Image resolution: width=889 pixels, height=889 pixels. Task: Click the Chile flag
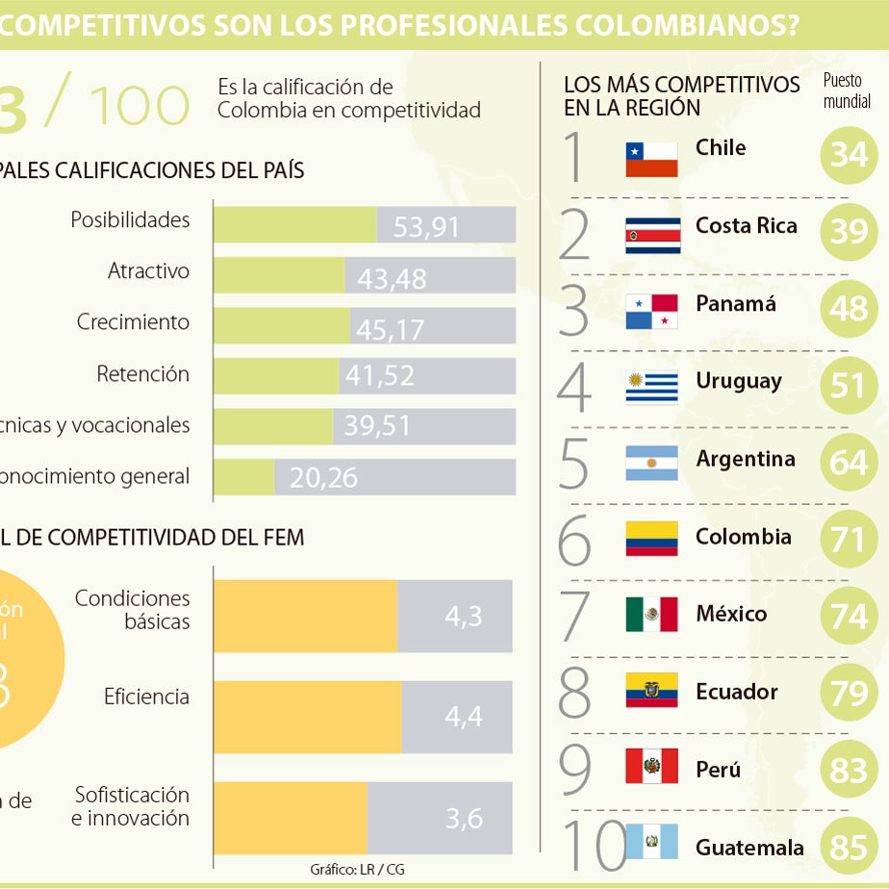point(651,159)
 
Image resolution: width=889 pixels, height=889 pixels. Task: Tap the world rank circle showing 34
point(849,153)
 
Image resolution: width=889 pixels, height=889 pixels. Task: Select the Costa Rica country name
point(746,226)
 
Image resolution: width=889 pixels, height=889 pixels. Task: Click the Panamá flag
point(651,312)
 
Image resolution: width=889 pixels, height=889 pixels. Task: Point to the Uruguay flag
point(651,387)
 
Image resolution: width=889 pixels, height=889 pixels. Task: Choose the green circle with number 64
point(849,462)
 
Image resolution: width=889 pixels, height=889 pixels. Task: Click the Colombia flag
point(651,539)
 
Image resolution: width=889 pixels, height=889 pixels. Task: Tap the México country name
point(731,614)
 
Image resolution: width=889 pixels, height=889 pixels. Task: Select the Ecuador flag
point(651,691)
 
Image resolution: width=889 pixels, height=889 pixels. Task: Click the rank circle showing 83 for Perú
point(849,772)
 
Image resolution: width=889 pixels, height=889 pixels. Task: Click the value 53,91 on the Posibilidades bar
point(426,227)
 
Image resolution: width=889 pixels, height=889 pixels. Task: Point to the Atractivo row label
point(148,271)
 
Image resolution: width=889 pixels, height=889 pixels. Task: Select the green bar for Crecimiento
point(281,326)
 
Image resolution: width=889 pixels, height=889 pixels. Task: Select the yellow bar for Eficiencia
point(306,717)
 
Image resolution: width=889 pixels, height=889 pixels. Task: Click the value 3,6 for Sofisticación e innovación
point(464,819)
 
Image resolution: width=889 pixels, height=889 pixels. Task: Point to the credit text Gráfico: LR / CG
point(357,869)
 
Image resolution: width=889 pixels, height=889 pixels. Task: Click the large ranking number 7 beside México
point(575,616)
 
